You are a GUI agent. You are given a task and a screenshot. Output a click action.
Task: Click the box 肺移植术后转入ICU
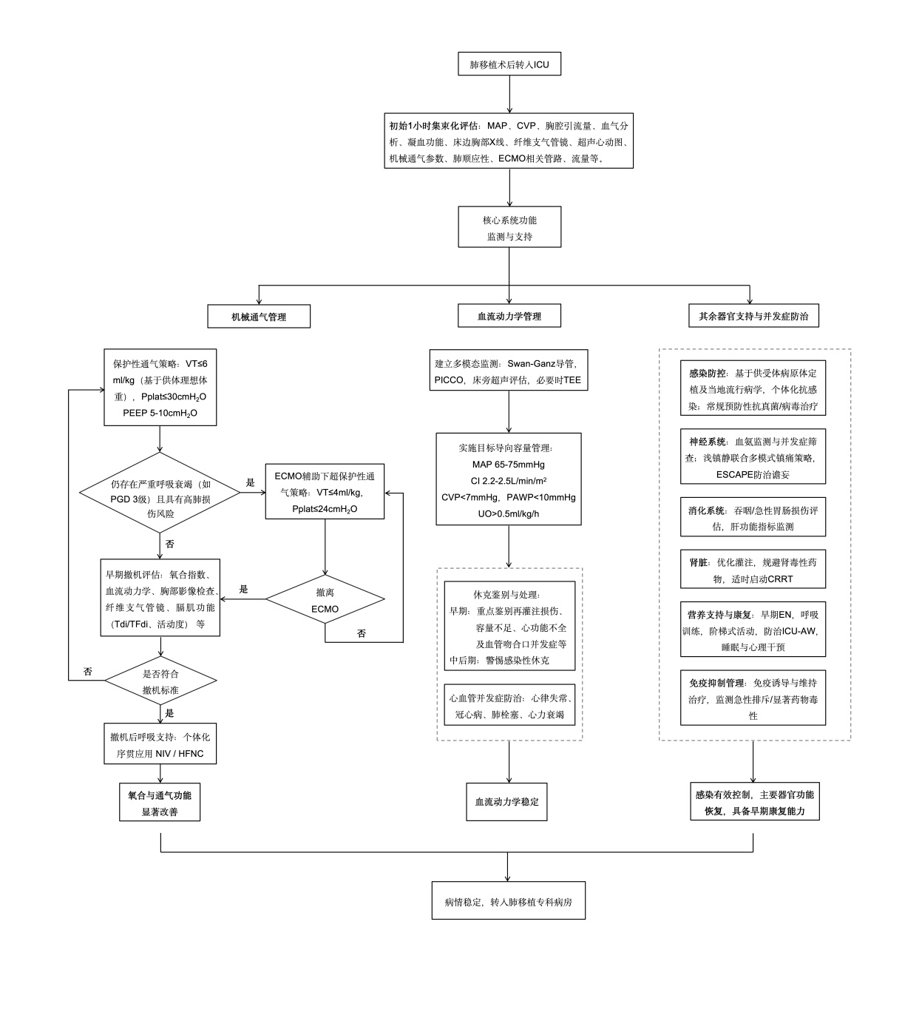pos(509,64)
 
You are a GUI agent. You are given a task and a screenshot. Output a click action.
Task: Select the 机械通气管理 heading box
pos(258,317)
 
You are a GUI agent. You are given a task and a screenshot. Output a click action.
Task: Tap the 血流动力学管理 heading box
pos(509,317)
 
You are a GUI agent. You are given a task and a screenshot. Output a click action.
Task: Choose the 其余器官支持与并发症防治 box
pos(753,317)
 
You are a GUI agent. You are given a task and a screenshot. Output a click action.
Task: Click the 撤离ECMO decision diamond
pos(325,600)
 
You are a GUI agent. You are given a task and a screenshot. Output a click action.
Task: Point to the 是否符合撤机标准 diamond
pos(160,681)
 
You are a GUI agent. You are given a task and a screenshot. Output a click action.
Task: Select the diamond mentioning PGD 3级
pos(160,493)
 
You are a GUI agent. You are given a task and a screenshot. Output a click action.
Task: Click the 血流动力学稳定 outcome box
pos(506,802)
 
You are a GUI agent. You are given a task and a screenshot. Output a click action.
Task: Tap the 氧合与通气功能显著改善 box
pos(160,803)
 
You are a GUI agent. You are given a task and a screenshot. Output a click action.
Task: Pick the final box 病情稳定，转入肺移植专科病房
pos(508,903)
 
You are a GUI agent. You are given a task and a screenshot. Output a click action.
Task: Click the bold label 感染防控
pos(707,374)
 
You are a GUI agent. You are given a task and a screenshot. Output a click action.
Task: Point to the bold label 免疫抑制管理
pos(716,683)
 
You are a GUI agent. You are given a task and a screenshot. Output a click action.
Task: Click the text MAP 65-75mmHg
pos(508,465)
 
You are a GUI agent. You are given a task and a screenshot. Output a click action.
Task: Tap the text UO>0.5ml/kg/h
pos(508,513)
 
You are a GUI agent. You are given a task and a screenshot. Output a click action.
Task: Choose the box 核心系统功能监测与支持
pos(509,228)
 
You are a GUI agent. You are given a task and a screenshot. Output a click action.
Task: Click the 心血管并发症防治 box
pos(509,706)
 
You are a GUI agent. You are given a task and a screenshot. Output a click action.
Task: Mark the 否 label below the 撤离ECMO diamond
pos(362,633)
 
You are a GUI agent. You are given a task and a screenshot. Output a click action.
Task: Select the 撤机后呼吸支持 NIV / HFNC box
pos(160,745)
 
